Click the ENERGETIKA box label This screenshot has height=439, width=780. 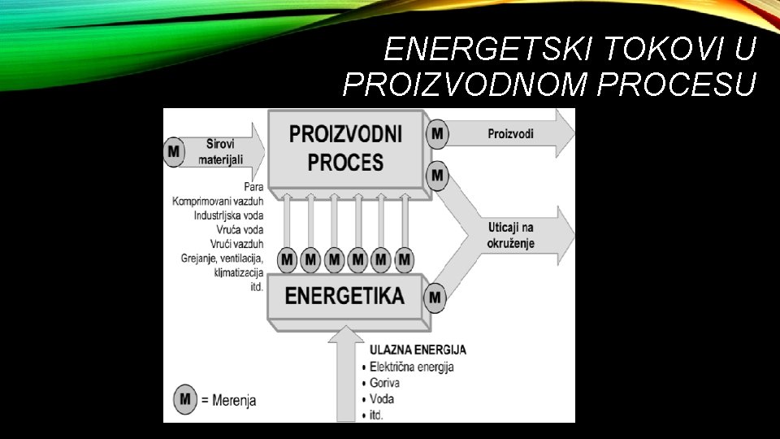[344, 295]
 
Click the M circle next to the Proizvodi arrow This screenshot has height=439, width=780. [438, 133]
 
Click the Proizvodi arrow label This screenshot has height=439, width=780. [510, 133]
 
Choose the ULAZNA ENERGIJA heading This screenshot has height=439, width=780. [418, 350]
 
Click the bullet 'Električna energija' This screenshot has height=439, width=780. [411, 367]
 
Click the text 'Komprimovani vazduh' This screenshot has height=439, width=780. [218, 201]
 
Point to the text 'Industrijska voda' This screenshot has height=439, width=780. [228, 215]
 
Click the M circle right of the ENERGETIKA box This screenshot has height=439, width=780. [435, 298]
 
